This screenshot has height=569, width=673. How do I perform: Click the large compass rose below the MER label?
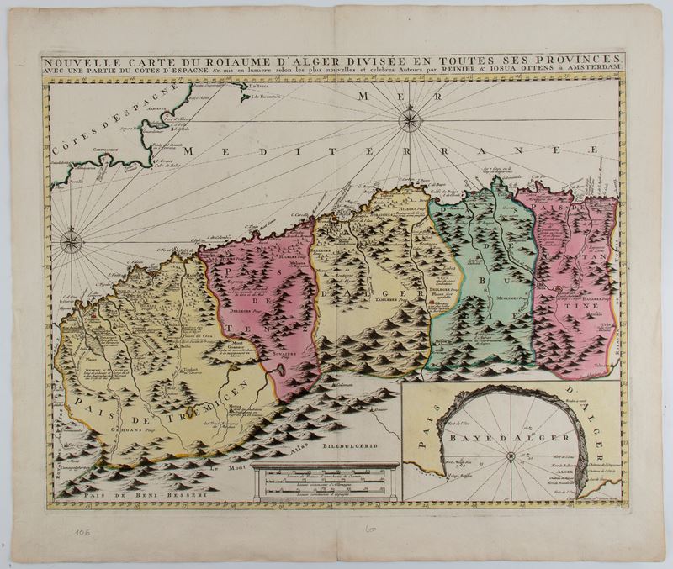pyautogui.click(x=410, y=122)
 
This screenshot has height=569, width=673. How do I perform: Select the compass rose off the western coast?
pyautogui.click(x=72, y=244)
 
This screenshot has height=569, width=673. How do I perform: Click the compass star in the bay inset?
pyautogui.click(x=511, y=456)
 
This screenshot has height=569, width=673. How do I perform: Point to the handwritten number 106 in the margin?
pyautogui.click(x=84, y=532)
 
